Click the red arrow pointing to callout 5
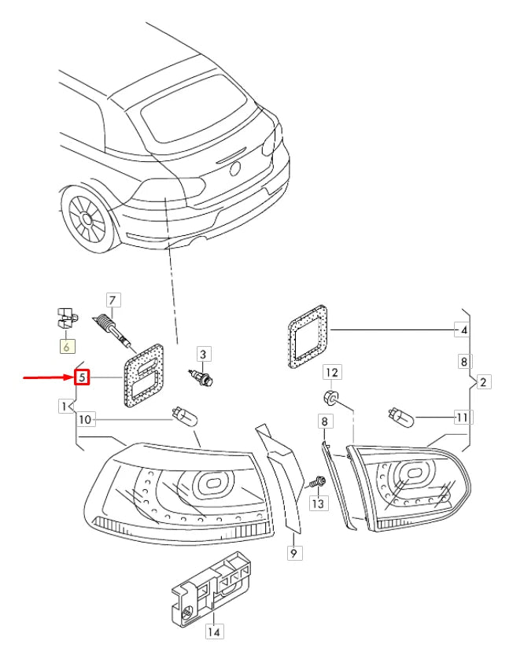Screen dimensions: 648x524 (47, 377)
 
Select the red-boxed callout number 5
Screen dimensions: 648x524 (83, 377)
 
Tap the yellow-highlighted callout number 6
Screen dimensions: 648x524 (67, 346)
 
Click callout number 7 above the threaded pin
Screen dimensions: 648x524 (113, 300)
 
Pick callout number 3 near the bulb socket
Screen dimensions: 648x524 (202, 354)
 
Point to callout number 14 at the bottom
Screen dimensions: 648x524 (213, 631)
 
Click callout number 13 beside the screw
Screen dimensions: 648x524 (318, 503)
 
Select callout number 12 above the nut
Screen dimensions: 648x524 (332, 371)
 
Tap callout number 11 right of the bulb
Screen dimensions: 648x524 (462, 416)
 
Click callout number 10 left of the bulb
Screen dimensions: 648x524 (86, 419)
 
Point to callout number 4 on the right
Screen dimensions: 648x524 (463, 330)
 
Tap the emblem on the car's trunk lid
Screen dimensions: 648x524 (234, 168)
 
